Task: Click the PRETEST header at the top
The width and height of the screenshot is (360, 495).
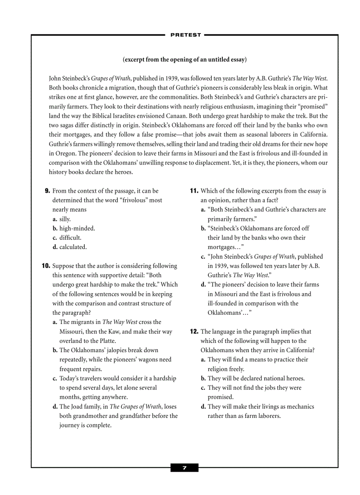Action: tap(185, 35)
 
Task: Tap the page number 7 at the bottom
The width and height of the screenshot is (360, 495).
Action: tap(184, 468)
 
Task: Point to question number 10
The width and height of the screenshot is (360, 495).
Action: tap(45, 266)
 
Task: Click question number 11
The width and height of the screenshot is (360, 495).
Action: tap(194, 191)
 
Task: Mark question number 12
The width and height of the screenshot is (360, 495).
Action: tap(194, 331)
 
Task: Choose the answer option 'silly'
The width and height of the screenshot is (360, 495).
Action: tap(65, 219)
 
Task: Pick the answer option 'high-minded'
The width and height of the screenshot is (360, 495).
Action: tap(77, 228)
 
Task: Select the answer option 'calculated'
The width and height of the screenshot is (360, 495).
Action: tap(73, 247)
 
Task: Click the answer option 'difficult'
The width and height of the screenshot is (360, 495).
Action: tap(70, 238)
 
